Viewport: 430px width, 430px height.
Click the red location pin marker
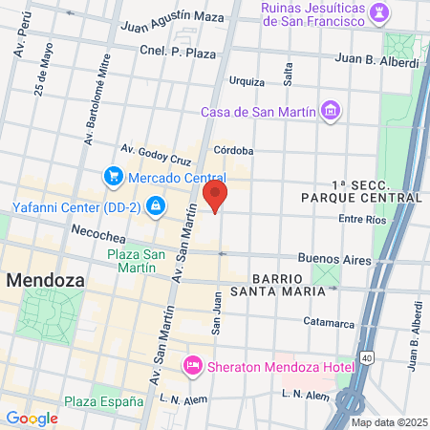pos(216,198)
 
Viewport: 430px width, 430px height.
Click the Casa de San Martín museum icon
pos(330,112)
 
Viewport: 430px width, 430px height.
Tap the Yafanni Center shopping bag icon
pos(155,205)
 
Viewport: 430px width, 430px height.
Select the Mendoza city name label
pos(45,281)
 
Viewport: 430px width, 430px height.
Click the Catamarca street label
pos(330,322)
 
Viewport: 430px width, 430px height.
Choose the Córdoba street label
pos(233,150)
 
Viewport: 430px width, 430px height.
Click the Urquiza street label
pos(247,81)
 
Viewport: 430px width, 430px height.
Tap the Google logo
pos(32,418)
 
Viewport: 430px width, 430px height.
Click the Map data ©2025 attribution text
pos(388,422)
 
